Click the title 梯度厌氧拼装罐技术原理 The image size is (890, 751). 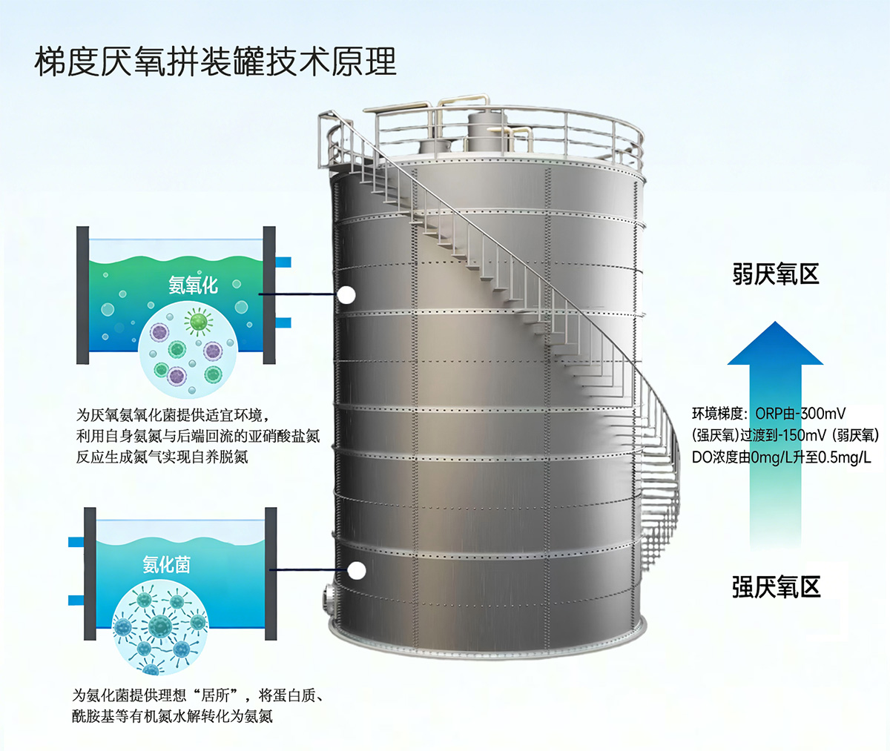[215, 62]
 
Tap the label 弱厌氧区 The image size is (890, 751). [776, 274]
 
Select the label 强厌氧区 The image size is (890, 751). [777, 587]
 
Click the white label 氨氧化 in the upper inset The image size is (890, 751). [193, 285]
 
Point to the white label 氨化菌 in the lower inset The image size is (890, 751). [166, 565]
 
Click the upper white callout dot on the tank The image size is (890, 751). [346, 294]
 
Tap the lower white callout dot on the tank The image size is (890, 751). [356, 570]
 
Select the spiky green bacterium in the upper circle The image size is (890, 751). [199, 321]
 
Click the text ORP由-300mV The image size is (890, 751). [800, 413]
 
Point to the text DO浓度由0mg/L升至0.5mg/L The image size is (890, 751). [781, 457]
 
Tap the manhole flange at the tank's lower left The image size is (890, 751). [329, 598]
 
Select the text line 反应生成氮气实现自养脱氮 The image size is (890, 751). [162, 457]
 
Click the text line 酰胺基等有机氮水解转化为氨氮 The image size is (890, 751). [172, 717]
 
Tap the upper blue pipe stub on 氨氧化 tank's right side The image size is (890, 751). [283, 262]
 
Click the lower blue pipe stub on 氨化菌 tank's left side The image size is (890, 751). [76, 601]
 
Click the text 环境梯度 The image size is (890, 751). [717, 414]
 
